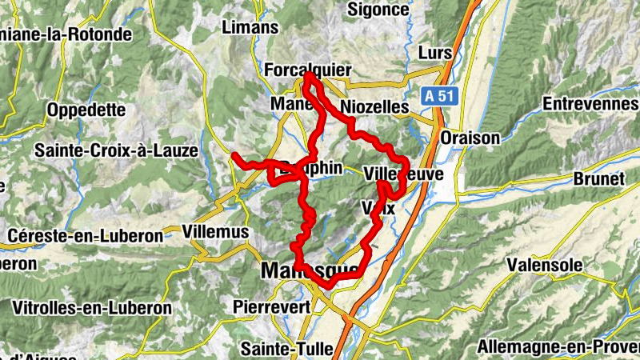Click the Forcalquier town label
coord(307,71)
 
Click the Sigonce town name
coord(378,10)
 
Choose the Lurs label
coord(435,54)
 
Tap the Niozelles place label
coord(374,106)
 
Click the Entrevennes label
coord(590,104)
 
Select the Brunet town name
coord(598,179)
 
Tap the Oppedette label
coord(86,109)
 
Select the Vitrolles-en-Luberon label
coord(92,307)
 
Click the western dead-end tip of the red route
coord(234,154)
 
